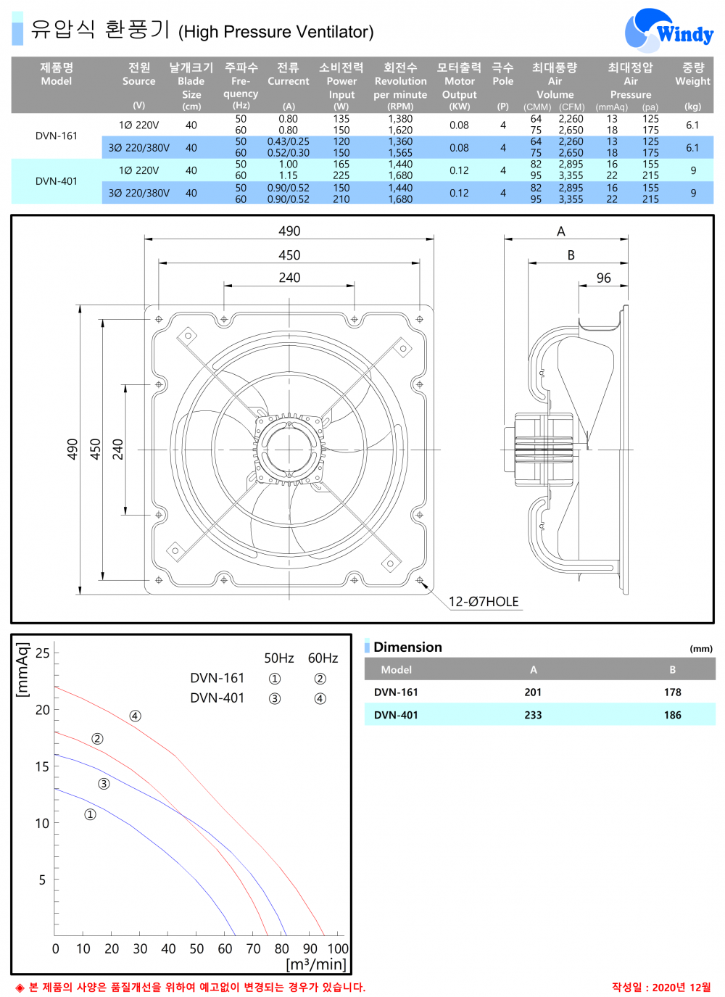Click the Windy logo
[668, 31]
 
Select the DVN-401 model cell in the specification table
[57, 181]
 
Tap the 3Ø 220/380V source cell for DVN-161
[138, 148]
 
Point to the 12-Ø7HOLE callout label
[484, 602]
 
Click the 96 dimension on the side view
[603, 278]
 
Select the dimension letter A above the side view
[560, 231]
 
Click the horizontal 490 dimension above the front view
[289, 231]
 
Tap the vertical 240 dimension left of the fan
[117, 450]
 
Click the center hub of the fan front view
[289, 450]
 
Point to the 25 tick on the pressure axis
[43, 653]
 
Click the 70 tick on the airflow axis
[253, 948]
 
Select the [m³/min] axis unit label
[316, 964]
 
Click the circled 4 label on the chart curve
[135, 716]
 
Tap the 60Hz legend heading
[323, 658]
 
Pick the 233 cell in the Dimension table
[533, 715]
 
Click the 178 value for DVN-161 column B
[672, 692]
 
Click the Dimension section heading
[407, 648]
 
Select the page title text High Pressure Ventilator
[276, 32]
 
